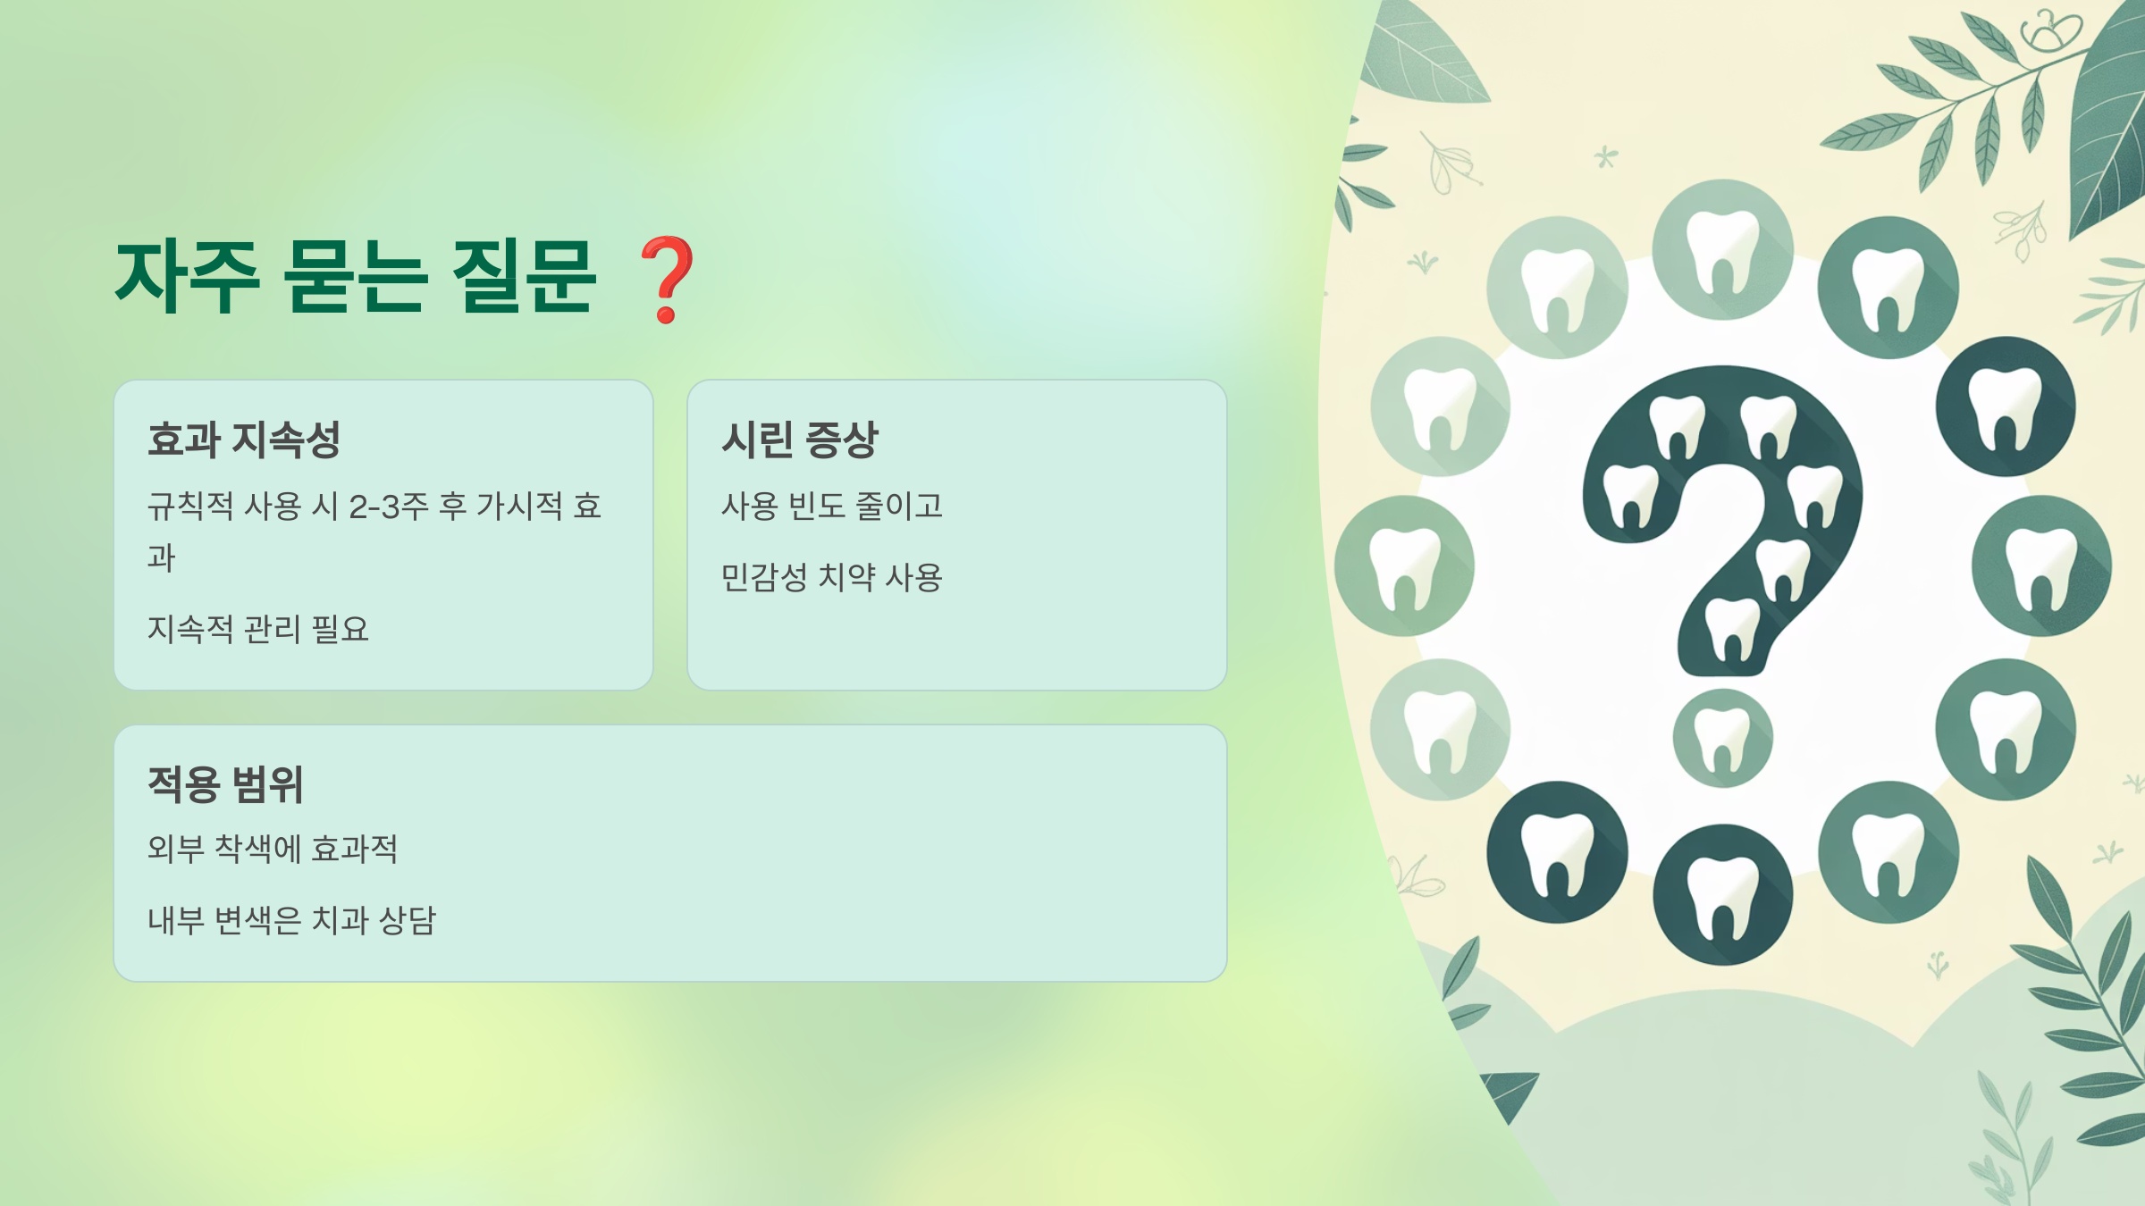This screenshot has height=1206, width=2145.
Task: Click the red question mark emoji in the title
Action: [x=667, y=278]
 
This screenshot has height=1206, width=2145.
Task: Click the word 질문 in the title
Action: [x=525, y=278]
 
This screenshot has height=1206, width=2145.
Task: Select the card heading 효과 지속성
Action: [x=243, y=440]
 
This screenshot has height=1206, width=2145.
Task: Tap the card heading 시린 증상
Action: [x=800, y=440]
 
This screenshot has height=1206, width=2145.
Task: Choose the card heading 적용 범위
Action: [x=225, y=784]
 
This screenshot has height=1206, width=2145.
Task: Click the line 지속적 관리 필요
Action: [x=257, y=629]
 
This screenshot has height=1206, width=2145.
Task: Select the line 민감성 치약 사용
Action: [x=831, y=577]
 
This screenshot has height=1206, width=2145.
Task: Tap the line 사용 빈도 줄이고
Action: [x=831, y=507]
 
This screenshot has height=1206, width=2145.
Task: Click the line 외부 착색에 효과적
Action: [x=272, y=848]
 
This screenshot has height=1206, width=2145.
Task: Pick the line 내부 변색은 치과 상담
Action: [x=291, y=919]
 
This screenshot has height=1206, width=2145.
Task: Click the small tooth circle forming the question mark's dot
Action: [x=1722, y=739]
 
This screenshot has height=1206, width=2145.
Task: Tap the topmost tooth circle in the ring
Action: [x=1722, y=249]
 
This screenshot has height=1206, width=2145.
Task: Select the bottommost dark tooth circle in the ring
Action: [x=1722, y=894]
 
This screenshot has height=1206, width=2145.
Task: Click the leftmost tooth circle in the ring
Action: [x=1404, y=565]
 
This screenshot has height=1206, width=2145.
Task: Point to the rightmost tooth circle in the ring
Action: [x=2041, y=565]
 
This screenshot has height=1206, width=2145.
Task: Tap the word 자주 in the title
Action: [x=188, y=278]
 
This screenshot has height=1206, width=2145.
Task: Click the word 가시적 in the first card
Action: [x=519, y=507]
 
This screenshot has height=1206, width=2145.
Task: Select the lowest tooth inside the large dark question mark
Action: [x=1733, y=629]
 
